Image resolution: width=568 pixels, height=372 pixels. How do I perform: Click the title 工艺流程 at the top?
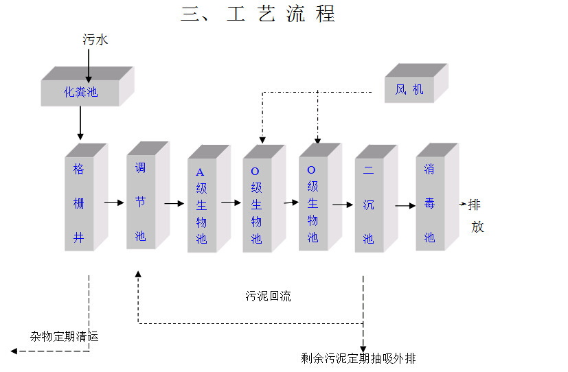[258, 14]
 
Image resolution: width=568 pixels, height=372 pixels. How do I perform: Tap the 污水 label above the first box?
[95, 40]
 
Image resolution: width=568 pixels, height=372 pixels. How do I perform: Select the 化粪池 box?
[81, 91]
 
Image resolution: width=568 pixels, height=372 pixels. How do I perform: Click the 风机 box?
[410, 89]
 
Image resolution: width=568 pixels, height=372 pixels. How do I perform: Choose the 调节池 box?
[141, 201]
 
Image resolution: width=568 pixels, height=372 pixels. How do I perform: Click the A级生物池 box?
[201, 205]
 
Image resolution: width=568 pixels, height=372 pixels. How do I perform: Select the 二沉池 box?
[369, 205]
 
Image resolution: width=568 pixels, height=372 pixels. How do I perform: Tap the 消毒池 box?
[430, 202]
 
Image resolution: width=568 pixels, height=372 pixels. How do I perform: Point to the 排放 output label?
[477, 215]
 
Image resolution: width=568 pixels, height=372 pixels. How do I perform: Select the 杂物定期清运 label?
[65, 336]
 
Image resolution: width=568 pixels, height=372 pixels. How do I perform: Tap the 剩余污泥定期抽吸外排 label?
[358, 358]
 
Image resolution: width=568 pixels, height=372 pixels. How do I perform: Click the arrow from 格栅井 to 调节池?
[113, 202]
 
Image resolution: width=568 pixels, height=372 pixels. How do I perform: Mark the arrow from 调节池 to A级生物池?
[174, 203]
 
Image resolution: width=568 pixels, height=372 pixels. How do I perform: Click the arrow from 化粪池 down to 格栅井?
[80, 123]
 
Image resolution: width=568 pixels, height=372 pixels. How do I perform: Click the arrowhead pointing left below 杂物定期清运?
[14, 351]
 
